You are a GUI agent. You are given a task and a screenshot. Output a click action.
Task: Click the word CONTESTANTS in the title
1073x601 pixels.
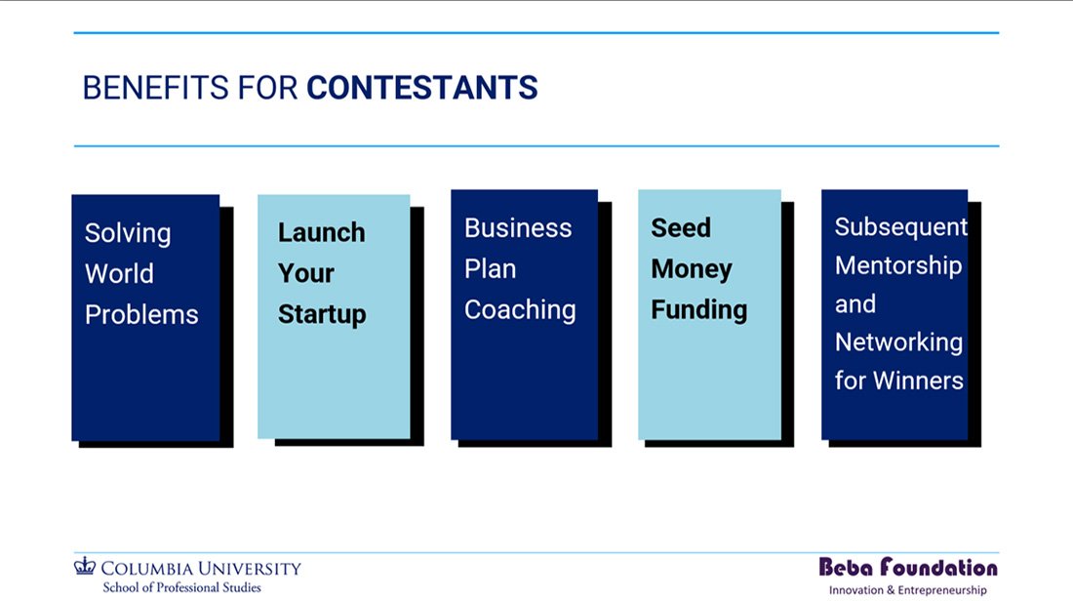[x=422, y=88]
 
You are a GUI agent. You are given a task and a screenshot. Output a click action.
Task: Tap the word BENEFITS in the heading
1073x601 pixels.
[x=156, y=88]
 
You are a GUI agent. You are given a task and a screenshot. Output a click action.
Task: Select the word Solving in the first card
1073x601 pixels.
[x=128, y=234]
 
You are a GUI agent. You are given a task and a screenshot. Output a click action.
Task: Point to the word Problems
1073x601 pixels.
[x=141, y=315]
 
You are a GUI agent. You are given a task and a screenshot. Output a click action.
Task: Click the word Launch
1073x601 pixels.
[x=322, y=233]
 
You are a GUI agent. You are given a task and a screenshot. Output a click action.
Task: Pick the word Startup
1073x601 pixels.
[x=322, y=315]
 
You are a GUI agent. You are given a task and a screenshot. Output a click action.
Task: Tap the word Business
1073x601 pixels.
[x=518, y=228]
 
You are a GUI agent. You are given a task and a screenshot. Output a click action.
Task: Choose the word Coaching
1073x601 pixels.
[x=520, y=310]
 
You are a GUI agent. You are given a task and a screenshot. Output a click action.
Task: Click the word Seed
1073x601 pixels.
[x=681, y=228]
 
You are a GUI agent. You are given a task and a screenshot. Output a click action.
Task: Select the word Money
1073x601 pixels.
[x=692, y=269]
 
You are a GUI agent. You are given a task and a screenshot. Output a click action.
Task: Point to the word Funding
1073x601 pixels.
[x=699, y=310]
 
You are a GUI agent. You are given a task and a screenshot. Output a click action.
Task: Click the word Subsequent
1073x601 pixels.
[x=901, y=227]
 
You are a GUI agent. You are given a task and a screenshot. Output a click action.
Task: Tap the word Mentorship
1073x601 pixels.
[x=898, y=265]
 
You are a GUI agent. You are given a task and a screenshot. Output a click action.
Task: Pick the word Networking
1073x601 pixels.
[x=899, y=342]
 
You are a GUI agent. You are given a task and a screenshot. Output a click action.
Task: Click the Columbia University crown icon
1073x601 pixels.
[x=85, y=566]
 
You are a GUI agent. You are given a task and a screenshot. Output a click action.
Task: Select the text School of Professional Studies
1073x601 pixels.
[x=182, y=587]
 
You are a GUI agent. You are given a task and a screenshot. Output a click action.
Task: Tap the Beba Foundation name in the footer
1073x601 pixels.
[x=908, y=567]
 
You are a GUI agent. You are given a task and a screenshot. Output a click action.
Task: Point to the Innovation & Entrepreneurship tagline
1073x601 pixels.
[x=908, y=590]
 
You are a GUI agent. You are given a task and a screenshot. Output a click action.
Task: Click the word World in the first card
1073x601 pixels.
[x=119, y=274]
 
